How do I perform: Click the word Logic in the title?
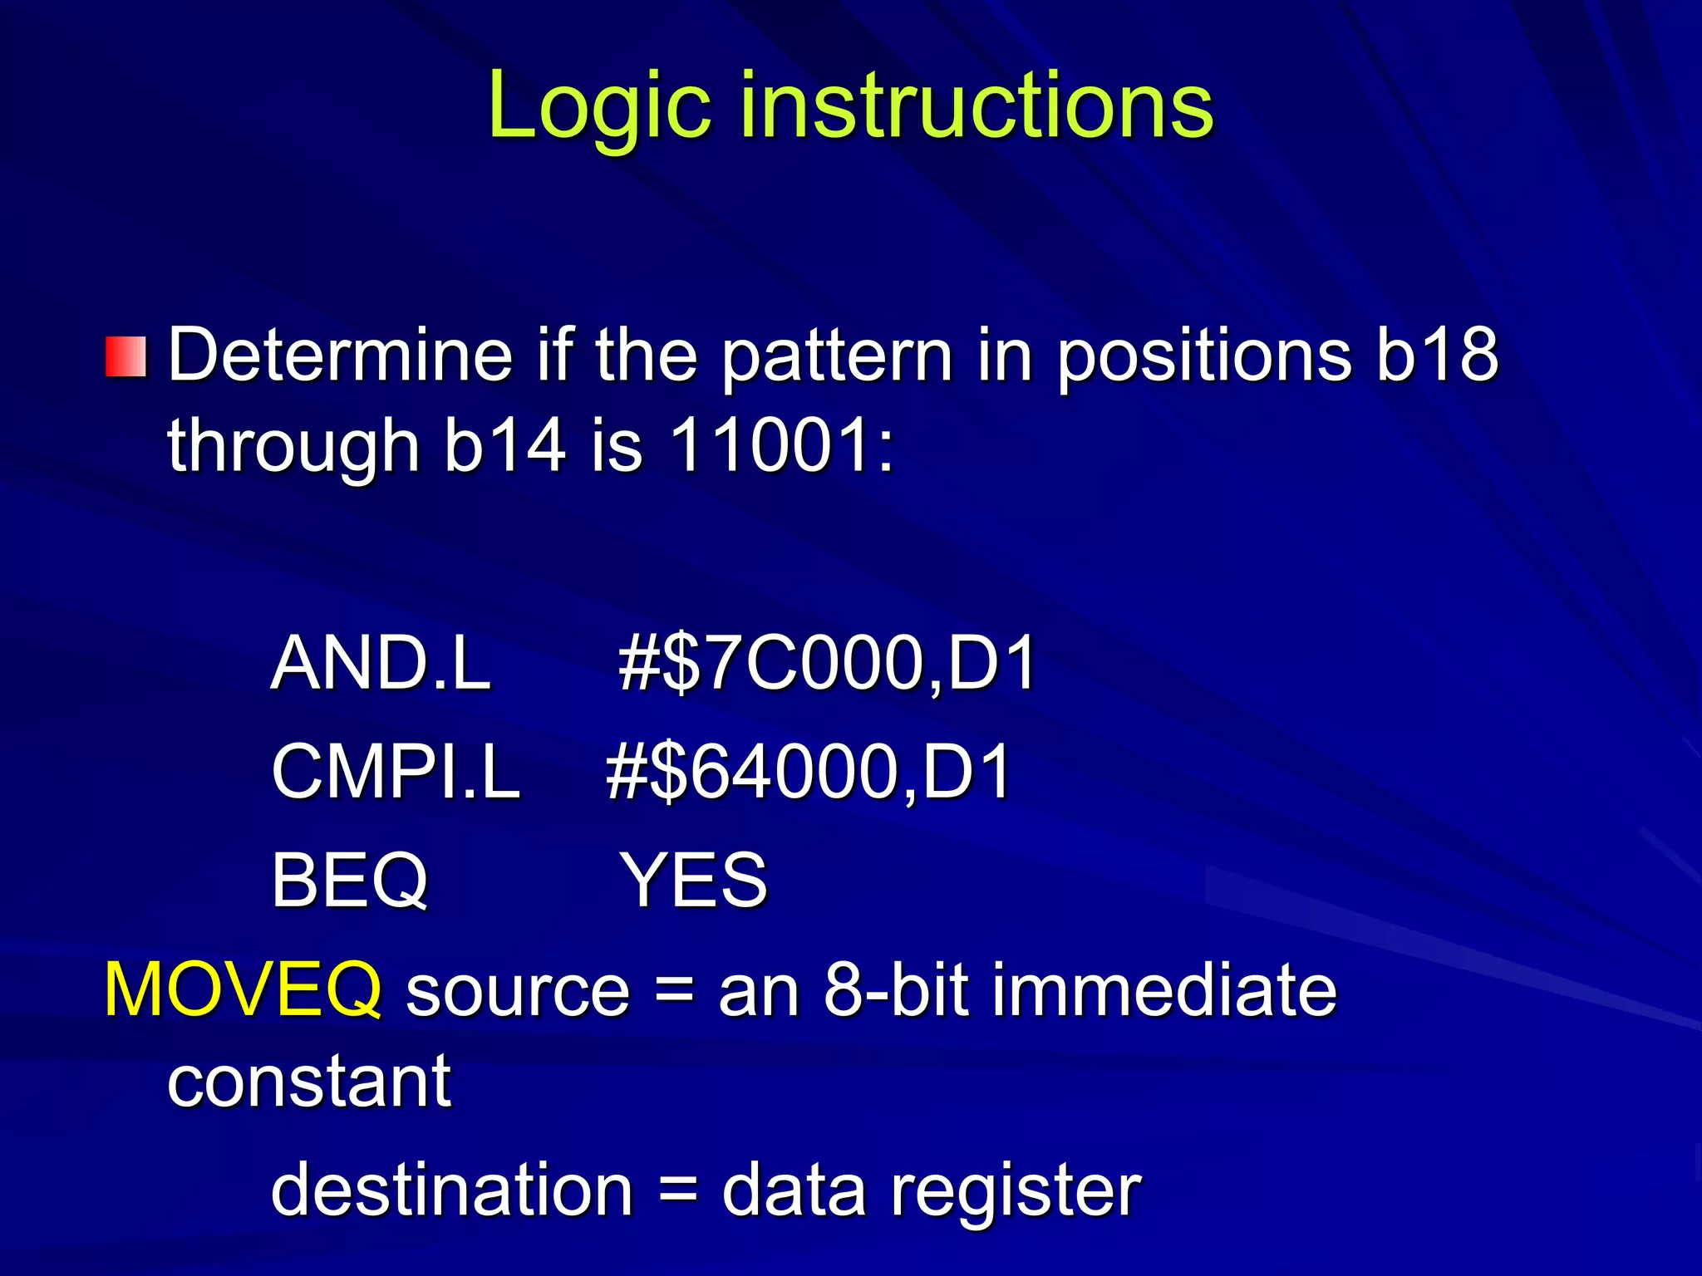[598, 106]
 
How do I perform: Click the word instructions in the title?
[976, 106]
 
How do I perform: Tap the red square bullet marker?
[126, 356]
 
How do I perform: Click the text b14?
[504, 445]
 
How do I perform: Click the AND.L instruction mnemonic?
[381, 663]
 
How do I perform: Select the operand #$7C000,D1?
[827, 663]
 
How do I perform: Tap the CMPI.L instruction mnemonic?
[396, 772]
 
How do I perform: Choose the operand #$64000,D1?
[808, 772]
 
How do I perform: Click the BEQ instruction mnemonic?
[349, 880]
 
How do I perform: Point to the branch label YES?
[694, 880]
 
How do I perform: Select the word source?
[518, 991]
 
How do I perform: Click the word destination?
[452, 1190]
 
